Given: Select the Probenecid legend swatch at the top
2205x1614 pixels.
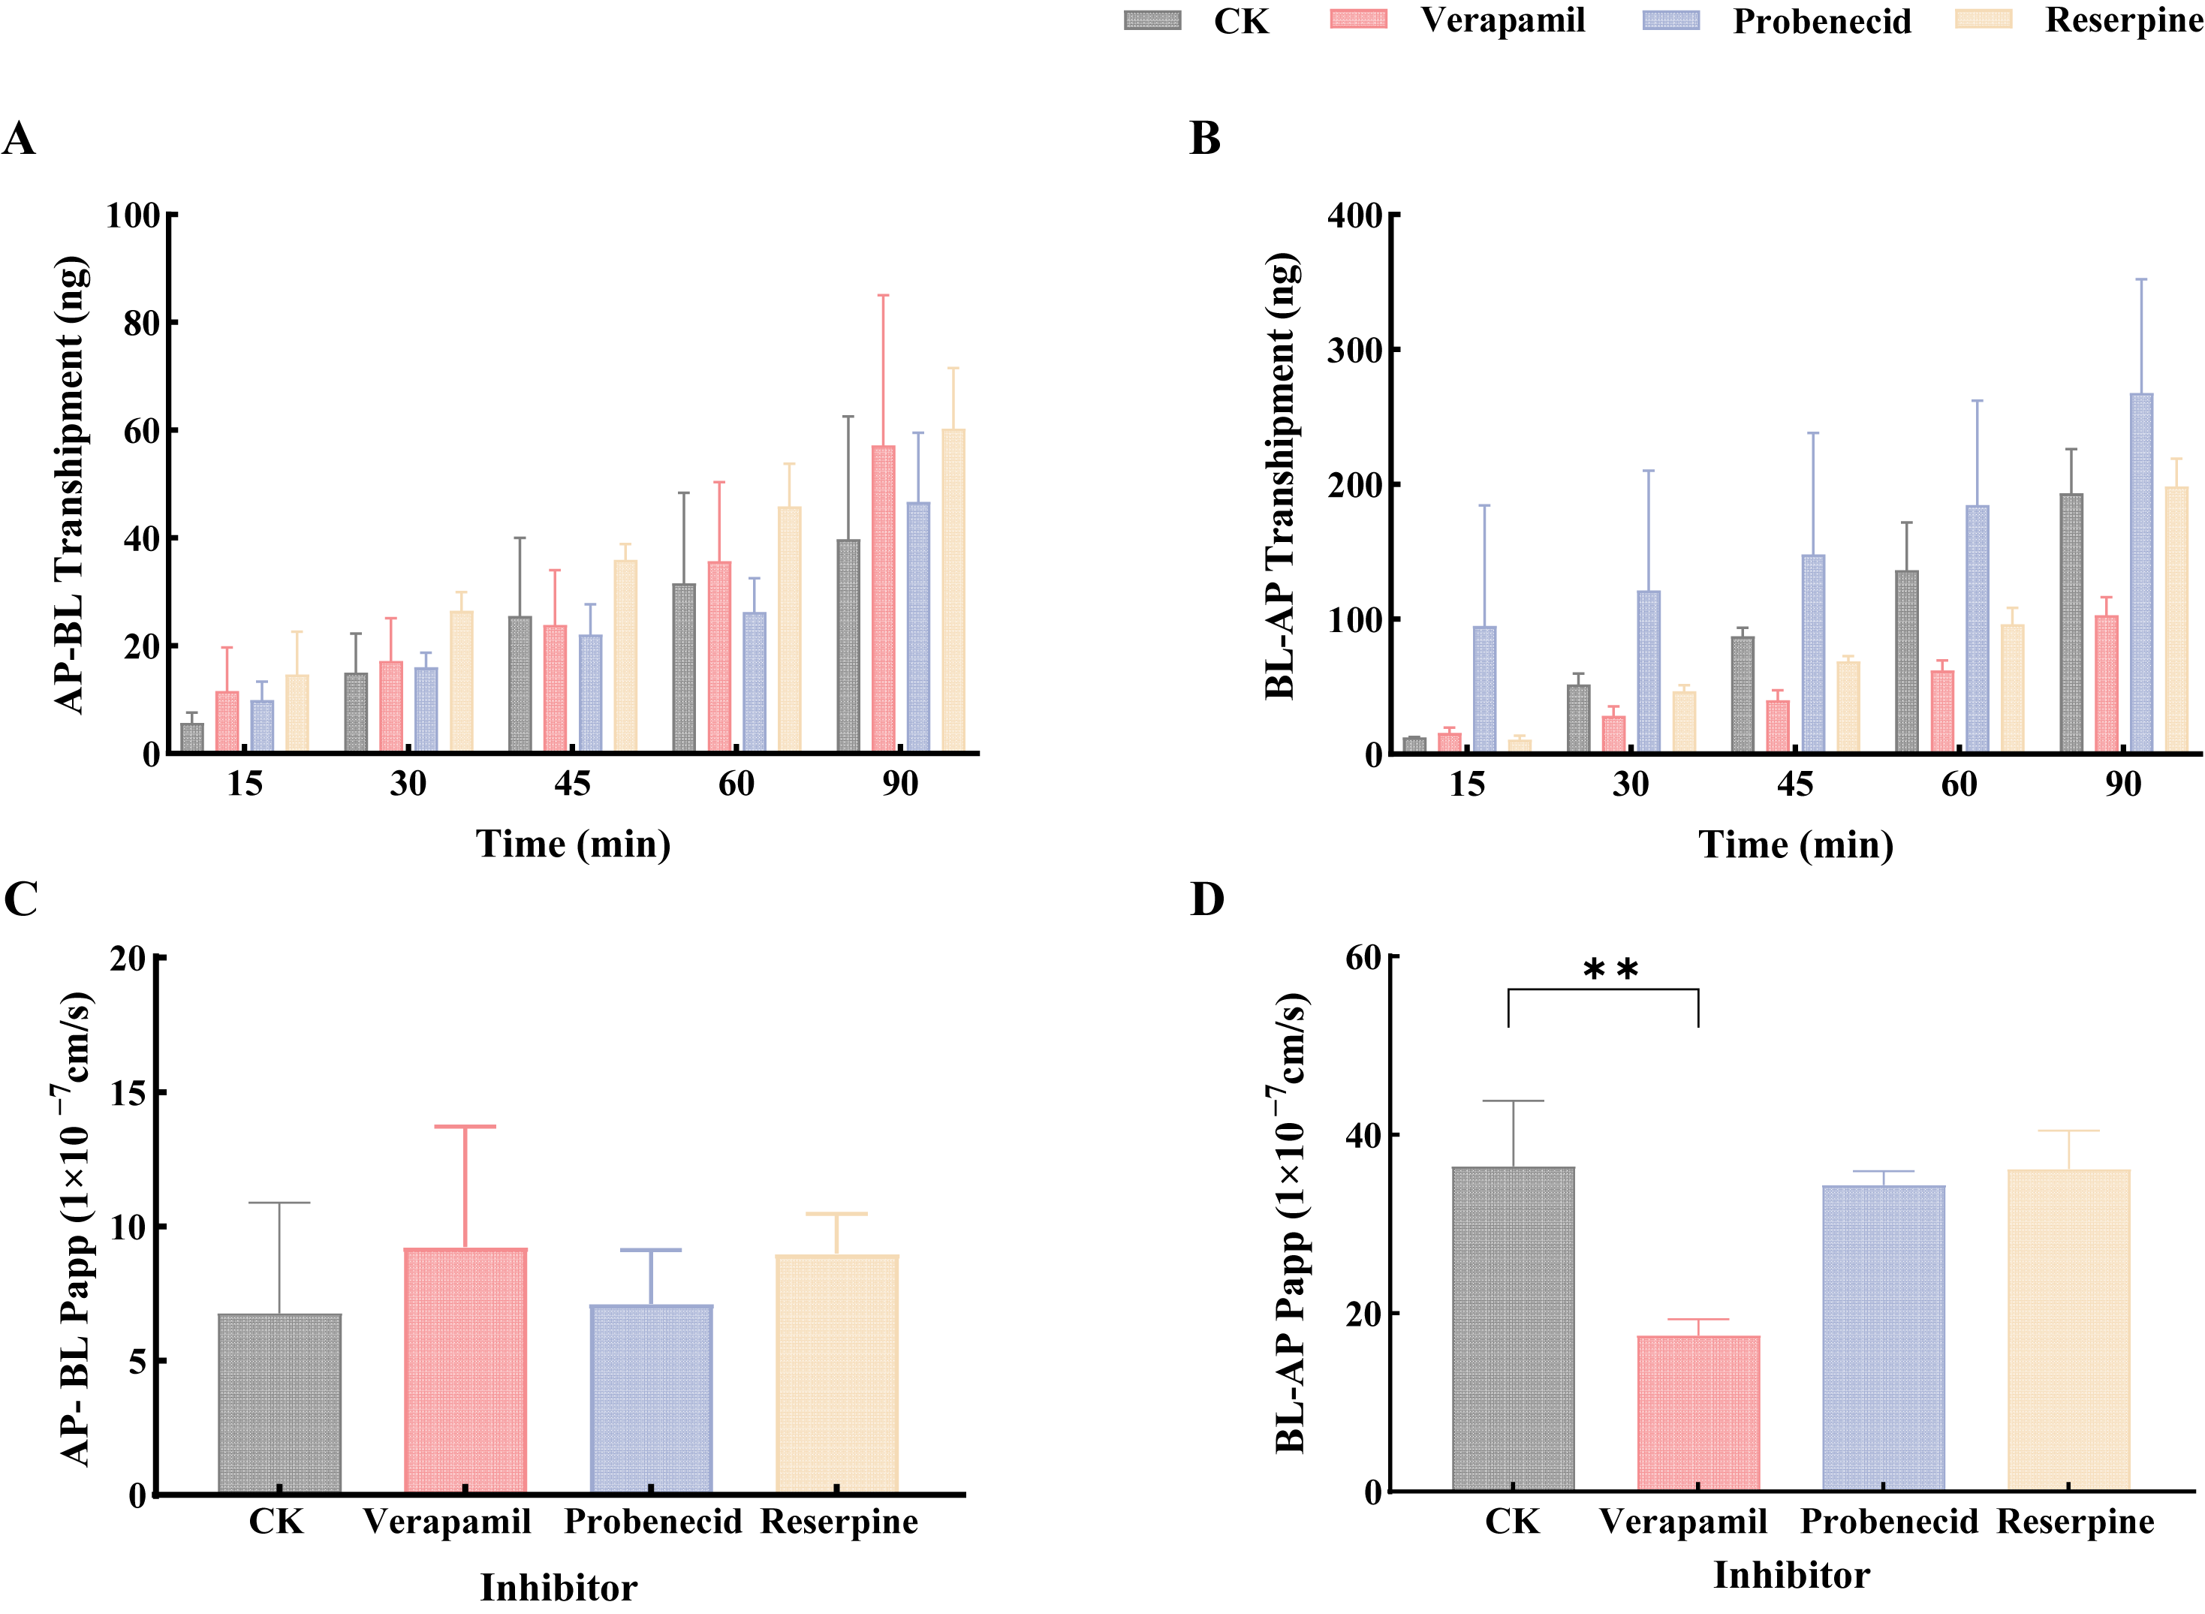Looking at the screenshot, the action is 1670,20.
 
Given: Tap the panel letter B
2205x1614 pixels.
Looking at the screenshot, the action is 1204,139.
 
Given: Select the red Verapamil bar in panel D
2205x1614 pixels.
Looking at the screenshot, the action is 1698,1413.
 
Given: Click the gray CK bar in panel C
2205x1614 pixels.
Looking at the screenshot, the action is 279,1404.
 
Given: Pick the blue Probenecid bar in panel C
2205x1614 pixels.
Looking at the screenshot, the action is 651,1399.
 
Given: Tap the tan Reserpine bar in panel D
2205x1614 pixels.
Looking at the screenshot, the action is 2068,1329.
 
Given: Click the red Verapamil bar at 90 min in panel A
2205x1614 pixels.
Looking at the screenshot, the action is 882,599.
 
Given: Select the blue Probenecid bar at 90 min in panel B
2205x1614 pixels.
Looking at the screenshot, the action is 2140,573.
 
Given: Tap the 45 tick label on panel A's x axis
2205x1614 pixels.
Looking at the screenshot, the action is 571,784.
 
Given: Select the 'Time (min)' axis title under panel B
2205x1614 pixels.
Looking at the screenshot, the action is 1796,844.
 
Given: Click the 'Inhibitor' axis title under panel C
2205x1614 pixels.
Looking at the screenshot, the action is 559,1587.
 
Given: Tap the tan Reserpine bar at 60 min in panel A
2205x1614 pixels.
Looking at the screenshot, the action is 789,629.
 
